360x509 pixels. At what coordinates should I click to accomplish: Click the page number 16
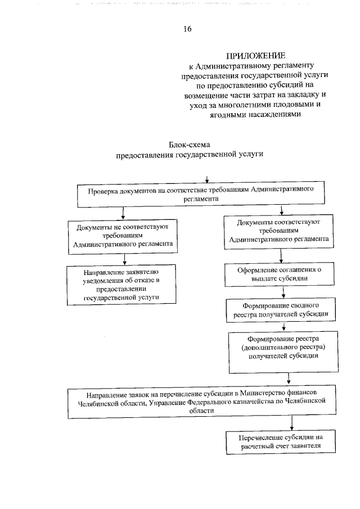[188, 29]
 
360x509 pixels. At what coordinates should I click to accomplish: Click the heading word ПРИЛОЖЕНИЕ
[255, 56]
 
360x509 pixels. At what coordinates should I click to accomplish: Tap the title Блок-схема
[190, 145]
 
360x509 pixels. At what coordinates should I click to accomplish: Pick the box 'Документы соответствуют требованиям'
[279, 232]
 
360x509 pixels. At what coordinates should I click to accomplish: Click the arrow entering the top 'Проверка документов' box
[208, 180]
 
